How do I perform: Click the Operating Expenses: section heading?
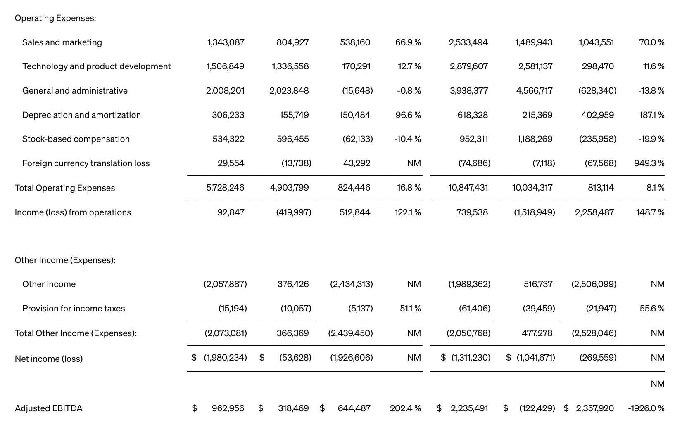pos(55,18)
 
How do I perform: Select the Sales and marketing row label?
pos(62,42)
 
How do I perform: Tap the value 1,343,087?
pos(226,42)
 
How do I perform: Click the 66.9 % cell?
pos(408,42)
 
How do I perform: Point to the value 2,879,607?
pos(468,66)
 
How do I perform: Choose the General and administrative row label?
pos(75,91)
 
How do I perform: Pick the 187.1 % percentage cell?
pos(651,115)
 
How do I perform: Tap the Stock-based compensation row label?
pos(76,139)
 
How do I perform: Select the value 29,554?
pos(231,163)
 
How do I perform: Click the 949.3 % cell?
pos(649,163)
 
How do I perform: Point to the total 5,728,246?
pos(225,188)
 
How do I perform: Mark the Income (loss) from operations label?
pos(73,212)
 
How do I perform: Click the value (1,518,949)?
pos(534,212)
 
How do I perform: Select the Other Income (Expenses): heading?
pos(65,260)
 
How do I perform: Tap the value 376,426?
pos(293,284)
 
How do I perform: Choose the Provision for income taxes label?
pos(74,309)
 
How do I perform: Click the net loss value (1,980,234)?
pos(225,358)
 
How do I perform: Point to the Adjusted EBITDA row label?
pos(48,408)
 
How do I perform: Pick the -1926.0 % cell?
pos(646,408)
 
